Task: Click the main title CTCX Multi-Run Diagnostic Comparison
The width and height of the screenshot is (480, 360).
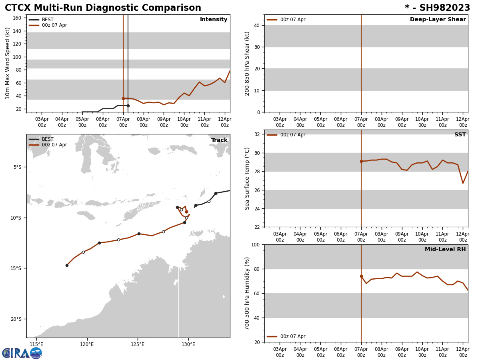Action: pyautogui.click(x=103, y=8)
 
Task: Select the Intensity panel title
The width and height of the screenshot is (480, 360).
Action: pyautogui.click(x=214, y=20)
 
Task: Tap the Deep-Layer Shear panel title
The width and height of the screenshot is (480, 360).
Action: pyautogui.click(x=438, y=20)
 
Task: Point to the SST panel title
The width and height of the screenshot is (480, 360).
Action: pyautogui.click(x=460, y=135)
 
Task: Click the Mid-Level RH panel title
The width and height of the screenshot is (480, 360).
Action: pyautogui.click(x=445, y=250)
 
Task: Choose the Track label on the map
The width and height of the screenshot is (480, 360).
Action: pyautogui.click(x=219, y=140)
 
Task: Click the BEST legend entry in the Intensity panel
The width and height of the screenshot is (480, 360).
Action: pyautogui.click(x=48, y=20)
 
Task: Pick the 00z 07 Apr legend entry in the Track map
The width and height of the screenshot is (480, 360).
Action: pyautogui.click(x=54, y=145)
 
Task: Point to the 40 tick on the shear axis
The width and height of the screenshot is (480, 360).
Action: pyautogui.click(x=256, y=25)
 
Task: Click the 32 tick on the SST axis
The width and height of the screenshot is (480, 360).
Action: pyautogui.click(x=256, y=134)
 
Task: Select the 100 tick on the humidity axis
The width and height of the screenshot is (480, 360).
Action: pyautogui.click(x=255, y=244)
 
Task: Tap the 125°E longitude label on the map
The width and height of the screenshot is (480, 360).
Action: pyautogui.click(x=138, y=344)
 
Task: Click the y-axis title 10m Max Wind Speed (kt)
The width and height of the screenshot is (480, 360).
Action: pyautogui.click(x=8, y=63)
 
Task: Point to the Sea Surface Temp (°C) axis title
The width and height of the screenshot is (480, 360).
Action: pyautogui.click(x=247, y=178)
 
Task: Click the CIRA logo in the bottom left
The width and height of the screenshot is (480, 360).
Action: pyautogui.click(x=22, y=353)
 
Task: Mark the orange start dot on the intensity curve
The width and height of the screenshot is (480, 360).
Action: pyautogui.click(x=123, y=98)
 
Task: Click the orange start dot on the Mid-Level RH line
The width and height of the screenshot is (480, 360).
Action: pyautogui.click(x=361, y=276)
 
